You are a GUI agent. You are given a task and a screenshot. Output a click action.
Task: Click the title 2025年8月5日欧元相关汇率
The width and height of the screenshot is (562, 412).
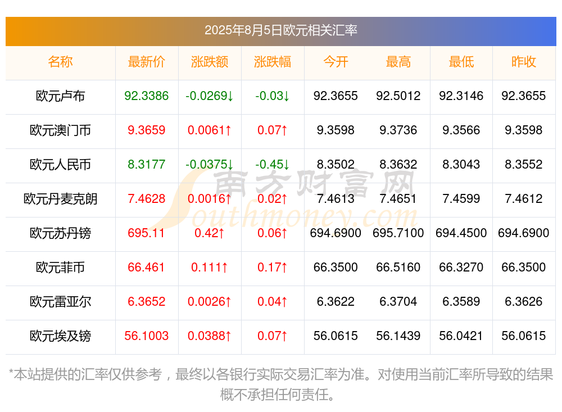(280, 30)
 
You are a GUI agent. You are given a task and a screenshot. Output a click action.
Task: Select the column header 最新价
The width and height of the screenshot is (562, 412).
(147, 62)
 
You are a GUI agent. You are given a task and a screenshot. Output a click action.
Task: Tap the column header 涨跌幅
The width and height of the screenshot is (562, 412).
(273, 62)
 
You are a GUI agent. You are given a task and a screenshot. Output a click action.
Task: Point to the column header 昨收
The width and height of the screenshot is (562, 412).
(524, 62)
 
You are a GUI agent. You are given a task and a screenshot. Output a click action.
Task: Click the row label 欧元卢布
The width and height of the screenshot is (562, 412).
(60, 96)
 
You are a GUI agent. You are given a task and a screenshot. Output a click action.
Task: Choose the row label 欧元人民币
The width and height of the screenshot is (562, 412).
(60, 165)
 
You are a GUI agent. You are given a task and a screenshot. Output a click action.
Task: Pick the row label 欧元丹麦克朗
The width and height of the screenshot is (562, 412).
(60, 199)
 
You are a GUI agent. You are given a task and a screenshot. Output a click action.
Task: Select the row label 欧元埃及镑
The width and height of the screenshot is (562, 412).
(60, 336)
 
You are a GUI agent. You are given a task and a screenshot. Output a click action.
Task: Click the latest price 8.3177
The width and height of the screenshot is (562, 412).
(147, 165)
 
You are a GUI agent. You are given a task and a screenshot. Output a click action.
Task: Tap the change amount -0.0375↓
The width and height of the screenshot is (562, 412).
(210, 165)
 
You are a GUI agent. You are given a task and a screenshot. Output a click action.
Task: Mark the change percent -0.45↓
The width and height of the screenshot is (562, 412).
(273, 165)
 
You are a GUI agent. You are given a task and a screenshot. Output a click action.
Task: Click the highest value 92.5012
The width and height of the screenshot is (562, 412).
(398, 96)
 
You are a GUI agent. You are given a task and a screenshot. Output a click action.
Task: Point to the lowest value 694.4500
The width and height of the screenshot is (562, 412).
(461, 233)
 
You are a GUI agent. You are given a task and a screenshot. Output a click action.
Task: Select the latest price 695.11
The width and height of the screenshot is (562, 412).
(147, 233)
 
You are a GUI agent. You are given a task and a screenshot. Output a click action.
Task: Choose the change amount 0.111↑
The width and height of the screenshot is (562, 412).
(210, 268)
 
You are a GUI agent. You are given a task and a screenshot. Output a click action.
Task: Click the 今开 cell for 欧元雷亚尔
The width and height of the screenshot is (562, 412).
(336, 302)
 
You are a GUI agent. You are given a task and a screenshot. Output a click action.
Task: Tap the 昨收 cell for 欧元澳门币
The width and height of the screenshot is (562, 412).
(524, 130)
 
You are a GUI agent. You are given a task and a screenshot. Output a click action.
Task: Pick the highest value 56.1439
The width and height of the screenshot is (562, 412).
(398, 336)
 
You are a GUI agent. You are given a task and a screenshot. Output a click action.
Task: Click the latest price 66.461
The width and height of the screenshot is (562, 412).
(147, 268)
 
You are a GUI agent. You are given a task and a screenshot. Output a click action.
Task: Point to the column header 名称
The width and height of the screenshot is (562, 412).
(60, 62)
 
